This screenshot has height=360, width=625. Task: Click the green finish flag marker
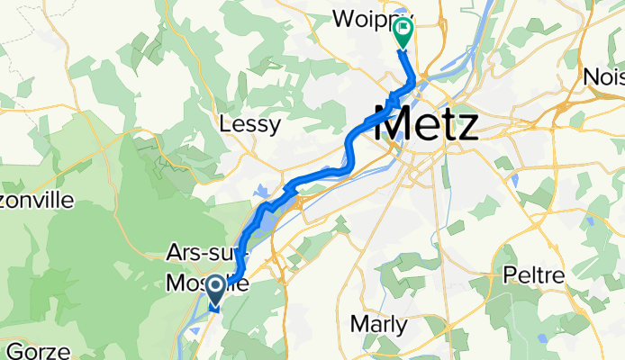pos(402,36)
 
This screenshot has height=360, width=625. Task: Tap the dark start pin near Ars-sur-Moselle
pos(217,290)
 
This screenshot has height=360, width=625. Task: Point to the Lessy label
pos(250,125)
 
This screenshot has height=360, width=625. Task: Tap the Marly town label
pos(378,325)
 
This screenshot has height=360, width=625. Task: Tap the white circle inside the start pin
pos(217,286)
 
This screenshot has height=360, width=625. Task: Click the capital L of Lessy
pos(225,125)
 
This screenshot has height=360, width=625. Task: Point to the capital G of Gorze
pos(11,350)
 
